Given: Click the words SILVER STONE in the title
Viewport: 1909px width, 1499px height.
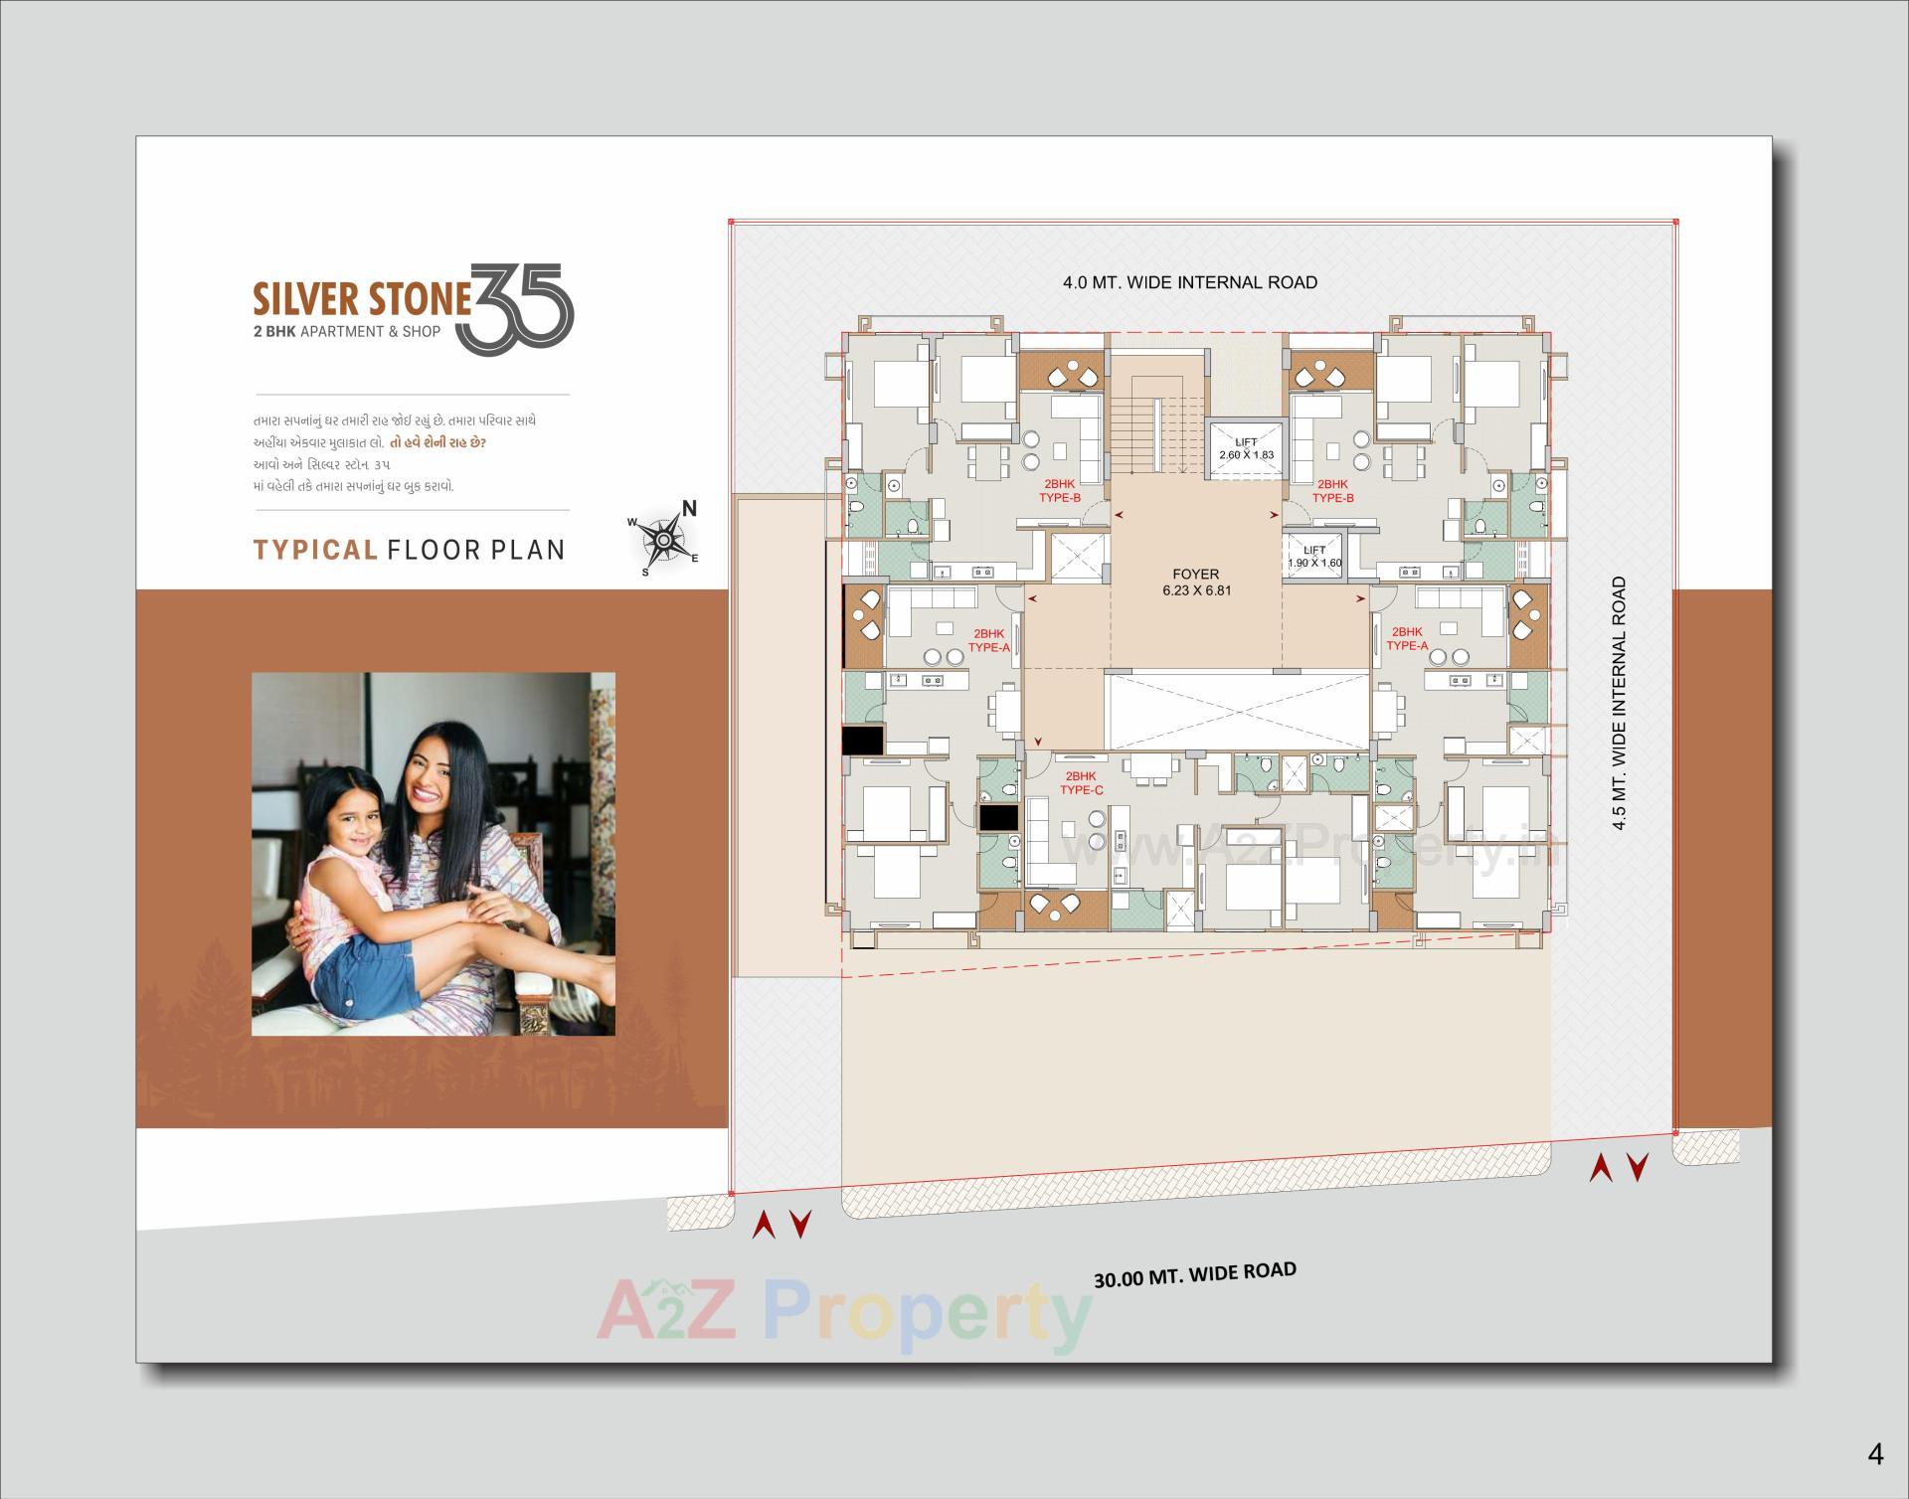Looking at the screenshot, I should click(x=361, y=299).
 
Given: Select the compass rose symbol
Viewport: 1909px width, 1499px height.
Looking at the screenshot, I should click(x=662, y=538).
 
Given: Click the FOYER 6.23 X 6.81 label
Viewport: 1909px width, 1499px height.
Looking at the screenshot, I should click(x=1195, y=583).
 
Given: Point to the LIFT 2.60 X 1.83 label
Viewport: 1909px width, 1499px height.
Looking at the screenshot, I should click(x=1246, y=448).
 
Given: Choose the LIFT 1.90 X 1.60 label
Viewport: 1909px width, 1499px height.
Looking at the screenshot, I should click(x=1314, y=557).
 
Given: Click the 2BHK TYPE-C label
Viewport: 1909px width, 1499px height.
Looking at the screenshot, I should click(x=1081, y=783).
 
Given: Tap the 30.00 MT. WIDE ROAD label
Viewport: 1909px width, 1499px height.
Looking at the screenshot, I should click(x=1195, y=1274).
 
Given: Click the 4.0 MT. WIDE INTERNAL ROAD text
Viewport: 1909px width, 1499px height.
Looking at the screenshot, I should click(x=1190, y=282).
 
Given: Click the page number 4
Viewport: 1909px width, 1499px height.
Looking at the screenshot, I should click(x=1875, y=1455).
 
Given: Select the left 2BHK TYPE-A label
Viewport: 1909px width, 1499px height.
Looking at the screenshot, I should click(x=988, y=639).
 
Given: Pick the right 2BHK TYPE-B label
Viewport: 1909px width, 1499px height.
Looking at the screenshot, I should click(x=1332, y=491).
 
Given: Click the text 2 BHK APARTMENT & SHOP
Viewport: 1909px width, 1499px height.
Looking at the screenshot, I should click(x=347, y=331).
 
